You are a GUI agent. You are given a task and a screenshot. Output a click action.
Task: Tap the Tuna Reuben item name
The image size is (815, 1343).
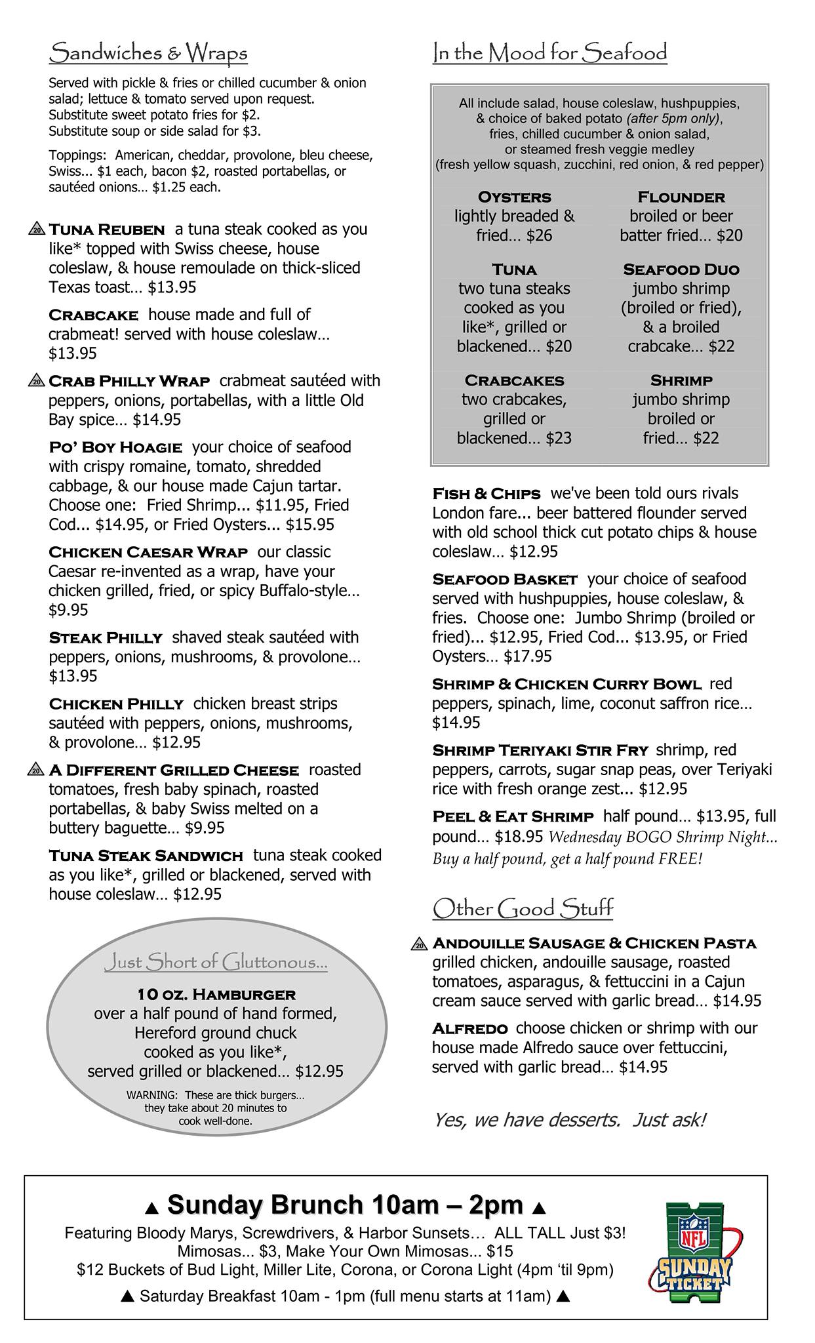click(x=107, y=230)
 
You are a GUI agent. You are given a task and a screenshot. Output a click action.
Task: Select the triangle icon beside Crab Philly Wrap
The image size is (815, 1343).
click(x=37, y=381)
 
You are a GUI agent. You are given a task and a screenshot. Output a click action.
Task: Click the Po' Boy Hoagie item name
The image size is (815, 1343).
click(x=115, y=448)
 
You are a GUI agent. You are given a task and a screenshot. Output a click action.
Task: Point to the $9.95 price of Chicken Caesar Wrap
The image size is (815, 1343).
click(x=68, y=611)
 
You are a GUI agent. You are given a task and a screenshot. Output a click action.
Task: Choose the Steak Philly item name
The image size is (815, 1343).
click(x=106, y=638)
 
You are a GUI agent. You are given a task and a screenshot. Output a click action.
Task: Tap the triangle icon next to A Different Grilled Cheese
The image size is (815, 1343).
click(x=37, y=770)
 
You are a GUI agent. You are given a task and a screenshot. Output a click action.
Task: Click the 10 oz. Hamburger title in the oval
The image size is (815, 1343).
click(x=216, y=995)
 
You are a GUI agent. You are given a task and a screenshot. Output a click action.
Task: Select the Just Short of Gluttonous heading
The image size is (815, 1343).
click(x=216, y=963)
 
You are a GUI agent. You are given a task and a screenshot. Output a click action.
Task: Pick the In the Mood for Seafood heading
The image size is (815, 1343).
click(x=549, y=53)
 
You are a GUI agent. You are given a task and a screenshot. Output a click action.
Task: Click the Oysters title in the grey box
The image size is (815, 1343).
click(x=515, y=197)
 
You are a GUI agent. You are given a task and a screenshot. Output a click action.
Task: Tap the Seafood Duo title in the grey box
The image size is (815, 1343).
click(x=681, y=270)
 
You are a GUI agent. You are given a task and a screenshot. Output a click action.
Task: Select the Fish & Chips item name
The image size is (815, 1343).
click(x=487, y=494)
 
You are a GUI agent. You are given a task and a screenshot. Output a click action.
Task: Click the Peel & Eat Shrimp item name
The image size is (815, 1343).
click(x=513, y=817)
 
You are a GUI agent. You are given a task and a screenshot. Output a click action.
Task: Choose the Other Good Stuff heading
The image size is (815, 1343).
click(x=523, y=909)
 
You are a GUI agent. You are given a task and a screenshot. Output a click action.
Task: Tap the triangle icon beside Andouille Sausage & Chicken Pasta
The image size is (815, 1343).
click(x=420, y=944)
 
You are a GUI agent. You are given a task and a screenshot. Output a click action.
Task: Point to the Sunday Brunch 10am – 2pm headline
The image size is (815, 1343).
click(x=346, y=1205)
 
